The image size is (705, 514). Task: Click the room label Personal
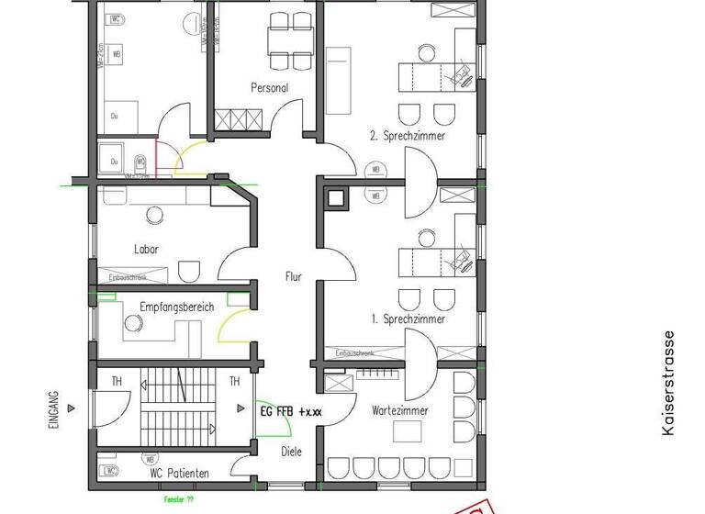(270, 88)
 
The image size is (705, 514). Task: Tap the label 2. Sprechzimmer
(408, 136)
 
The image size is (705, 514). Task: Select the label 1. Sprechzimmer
(408, 319)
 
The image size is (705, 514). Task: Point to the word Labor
(147, 249)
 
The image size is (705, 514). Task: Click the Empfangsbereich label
(177, 307)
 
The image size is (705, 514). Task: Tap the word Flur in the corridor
(293, 275)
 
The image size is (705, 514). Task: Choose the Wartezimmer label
(399, 410)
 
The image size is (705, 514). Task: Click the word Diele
(291, 451)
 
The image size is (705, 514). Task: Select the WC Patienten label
(179, 473)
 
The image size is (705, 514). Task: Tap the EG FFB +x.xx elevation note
(292, 413)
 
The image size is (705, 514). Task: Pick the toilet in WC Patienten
(109, 473)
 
